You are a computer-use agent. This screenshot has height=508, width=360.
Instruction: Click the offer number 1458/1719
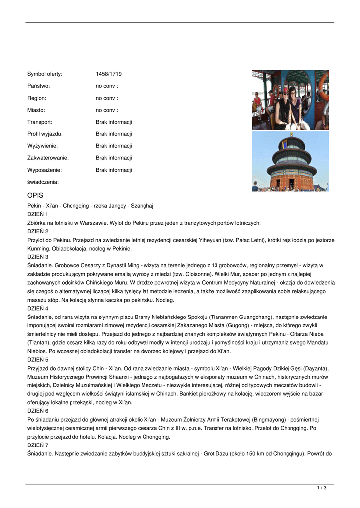pos(109,74)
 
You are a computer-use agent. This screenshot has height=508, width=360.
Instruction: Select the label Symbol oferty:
pos(45,74)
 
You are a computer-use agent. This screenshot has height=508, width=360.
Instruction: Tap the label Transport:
pos(40,122)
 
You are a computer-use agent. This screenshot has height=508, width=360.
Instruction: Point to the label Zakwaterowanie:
pos(48,158)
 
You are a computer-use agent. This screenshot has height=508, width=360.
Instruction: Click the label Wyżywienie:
pos(43,146)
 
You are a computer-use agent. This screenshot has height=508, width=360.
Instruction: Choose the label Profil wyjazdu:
pos(45,134)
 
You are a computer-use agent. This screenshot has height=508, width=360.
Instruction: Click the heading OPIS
pos(36,196)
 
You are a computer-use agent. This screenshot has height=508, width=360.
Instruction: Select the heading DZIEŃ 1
pos(38,214)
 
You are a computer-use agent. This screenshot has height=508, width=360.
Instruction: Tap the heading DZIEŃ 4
pos(38,308)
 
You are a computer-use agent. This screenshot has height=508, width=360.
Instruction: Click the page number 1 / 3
pos(322,488)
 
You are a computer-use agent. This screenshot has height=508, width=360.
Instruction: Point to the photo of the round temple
pos(290,162)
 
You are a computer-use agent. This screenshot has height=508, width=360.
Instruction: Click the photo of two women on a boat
pos(290,100)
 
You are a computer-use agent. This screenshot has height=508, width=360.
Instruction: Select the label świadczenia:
pos(43,182)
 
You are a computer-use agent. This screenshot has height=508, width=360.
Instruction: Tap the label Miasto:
pos(36,110)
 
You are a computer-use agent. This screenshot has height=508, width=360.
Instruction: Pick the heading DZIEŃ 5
pos(38,359)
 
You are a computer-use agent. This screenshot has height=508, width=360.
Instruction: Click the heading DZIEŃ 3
pos(38,257)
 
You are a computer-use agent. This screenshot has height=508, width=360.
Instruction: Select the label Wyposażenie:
pos(45,170)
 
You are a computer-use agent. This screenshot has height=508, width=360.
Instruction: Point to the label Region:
pos(37,98)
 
